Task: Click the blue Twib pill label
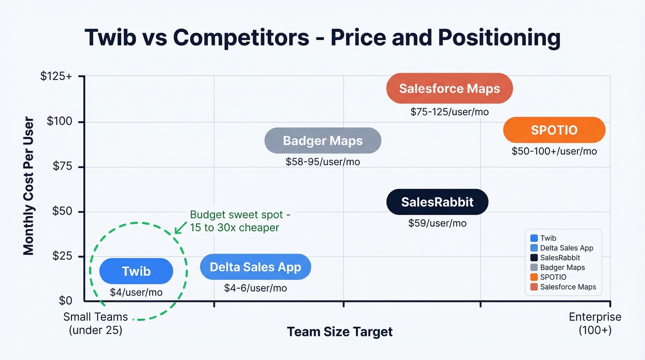(136, 271)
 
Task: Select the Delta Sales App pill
(255, 267)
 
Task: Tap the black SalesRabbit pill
(437, 202)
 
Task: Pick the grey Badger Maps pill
(322, 141)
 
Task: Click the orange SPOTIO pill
(554, 130)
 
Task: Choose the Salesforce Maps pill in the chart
(449, 89)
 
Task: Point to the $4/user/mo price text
(136, 292)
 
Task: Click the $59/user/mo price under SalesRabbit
(437, 223)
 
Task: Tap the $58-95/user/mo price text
(322, 161)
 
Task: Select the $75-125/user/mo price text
(449, 112)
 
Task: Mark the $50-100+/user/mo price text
(554, 151)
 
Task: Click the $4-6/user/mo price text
(255, 288)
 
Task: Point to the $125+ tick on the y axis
(56, 77)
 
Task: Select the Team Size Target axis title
(340, 331)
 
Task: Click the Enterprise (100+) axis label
(595, 323)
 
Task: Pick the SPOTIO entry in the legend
(553, 277)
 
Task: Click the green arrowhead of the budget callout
(177, 230)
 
